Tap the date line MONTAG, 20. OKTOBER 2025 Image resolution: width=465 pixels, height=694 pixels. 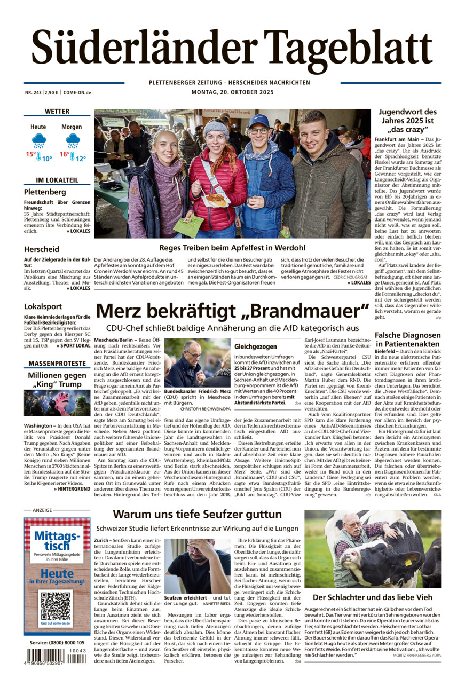pos(232,92)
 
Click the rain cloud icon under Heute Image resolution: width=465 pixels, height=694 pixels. pos(38,141)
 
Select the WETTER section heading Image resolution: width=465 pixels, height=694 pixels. pos(57,112)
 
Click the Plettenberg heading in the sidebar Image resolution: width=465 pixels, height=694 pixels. pos(45,192)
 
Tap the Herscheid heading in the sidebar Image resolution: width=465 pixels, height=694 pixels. pos(41,249)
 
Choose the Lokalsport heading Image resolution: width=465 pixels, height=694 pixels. pos(43,306)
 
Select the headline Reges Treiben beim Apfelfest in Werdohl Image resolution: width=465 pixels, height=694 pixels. pos(232,248)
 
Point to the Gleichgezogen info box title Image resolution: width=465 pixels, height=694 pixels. pos(255,346)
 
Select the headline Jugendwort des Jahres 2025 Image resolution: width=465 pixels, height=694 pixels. pos(408,121)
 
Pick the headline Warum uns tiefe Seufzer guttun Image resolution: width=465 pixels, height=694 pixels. pos(197,515)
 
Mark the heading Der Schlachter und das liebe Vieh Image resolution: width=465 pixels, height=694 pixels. pos(372,597)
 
